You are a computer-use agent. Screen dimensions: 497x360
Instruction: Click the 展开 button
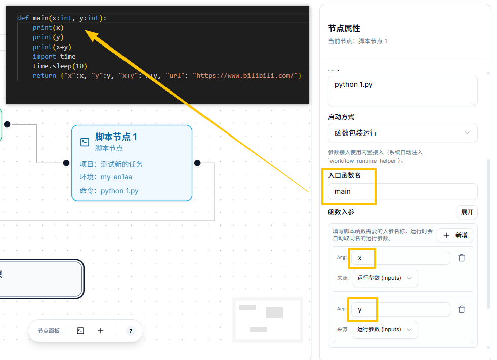pyautogui.click(x=467, y=212)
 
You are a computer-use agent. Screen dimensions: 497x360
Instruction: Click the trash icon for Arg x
pyautogui.click(x=462, y=258)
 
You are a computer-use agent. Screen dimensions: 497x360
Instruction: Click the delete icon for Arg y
pyautogui.click(x=462, y=309)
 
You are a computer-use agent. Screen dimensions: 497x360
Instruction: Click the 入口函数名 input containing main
pyautogui.click(x=402, y=191)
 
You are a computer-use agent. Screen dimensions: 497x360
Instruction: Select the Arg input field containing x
pyautogui.click(x=401, y=258)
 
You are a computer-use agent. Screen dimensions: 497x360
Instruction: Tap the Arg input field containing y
pyautogui.click(x=401, y=309)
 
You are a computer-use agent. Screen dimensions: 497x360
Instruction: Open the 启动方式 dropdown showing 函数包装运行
pyautogui.click(x=402, y=133)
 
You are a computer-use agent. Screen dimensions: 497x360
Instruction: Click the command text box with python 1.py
pyautogui.click(x=402, y=91)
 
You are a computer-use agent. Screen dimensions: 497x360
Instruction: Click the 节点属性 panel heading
pyautogui.click(x=344, y=28)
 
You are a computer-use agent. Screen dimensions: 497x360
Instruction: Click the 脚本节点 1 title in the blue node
pyautogui.click(x=116, y=137)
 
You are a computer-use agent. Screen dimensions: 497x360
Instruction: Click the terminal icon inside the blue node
pyautogui.click(x=85, y=142)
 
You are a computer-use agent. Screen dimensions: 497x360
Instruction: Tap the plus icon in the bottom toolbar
pyautogui.click(x=101, y=331)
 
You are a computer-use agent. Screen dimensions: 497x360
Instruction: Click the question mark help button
pyautogui.click(x=130, y=331)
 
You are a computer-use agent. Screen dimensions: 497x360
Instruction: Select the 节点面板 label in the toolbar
pyautogui.click(x=49, y=331)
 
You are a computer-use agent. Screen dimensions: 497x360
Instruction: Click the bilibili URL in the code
pyautogui.click(x=245, y=76)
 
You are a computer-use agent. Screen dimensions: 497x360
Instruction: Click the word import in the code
pyautogui.click(x=45, y=57)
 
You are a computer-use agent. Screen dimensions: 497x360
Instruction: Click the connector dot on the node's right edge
pyautogui.click(x=197, y=163)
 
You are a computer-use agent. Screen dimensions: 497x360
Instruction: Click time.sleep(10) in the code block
pyautogui.click(x=60, y=66)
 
